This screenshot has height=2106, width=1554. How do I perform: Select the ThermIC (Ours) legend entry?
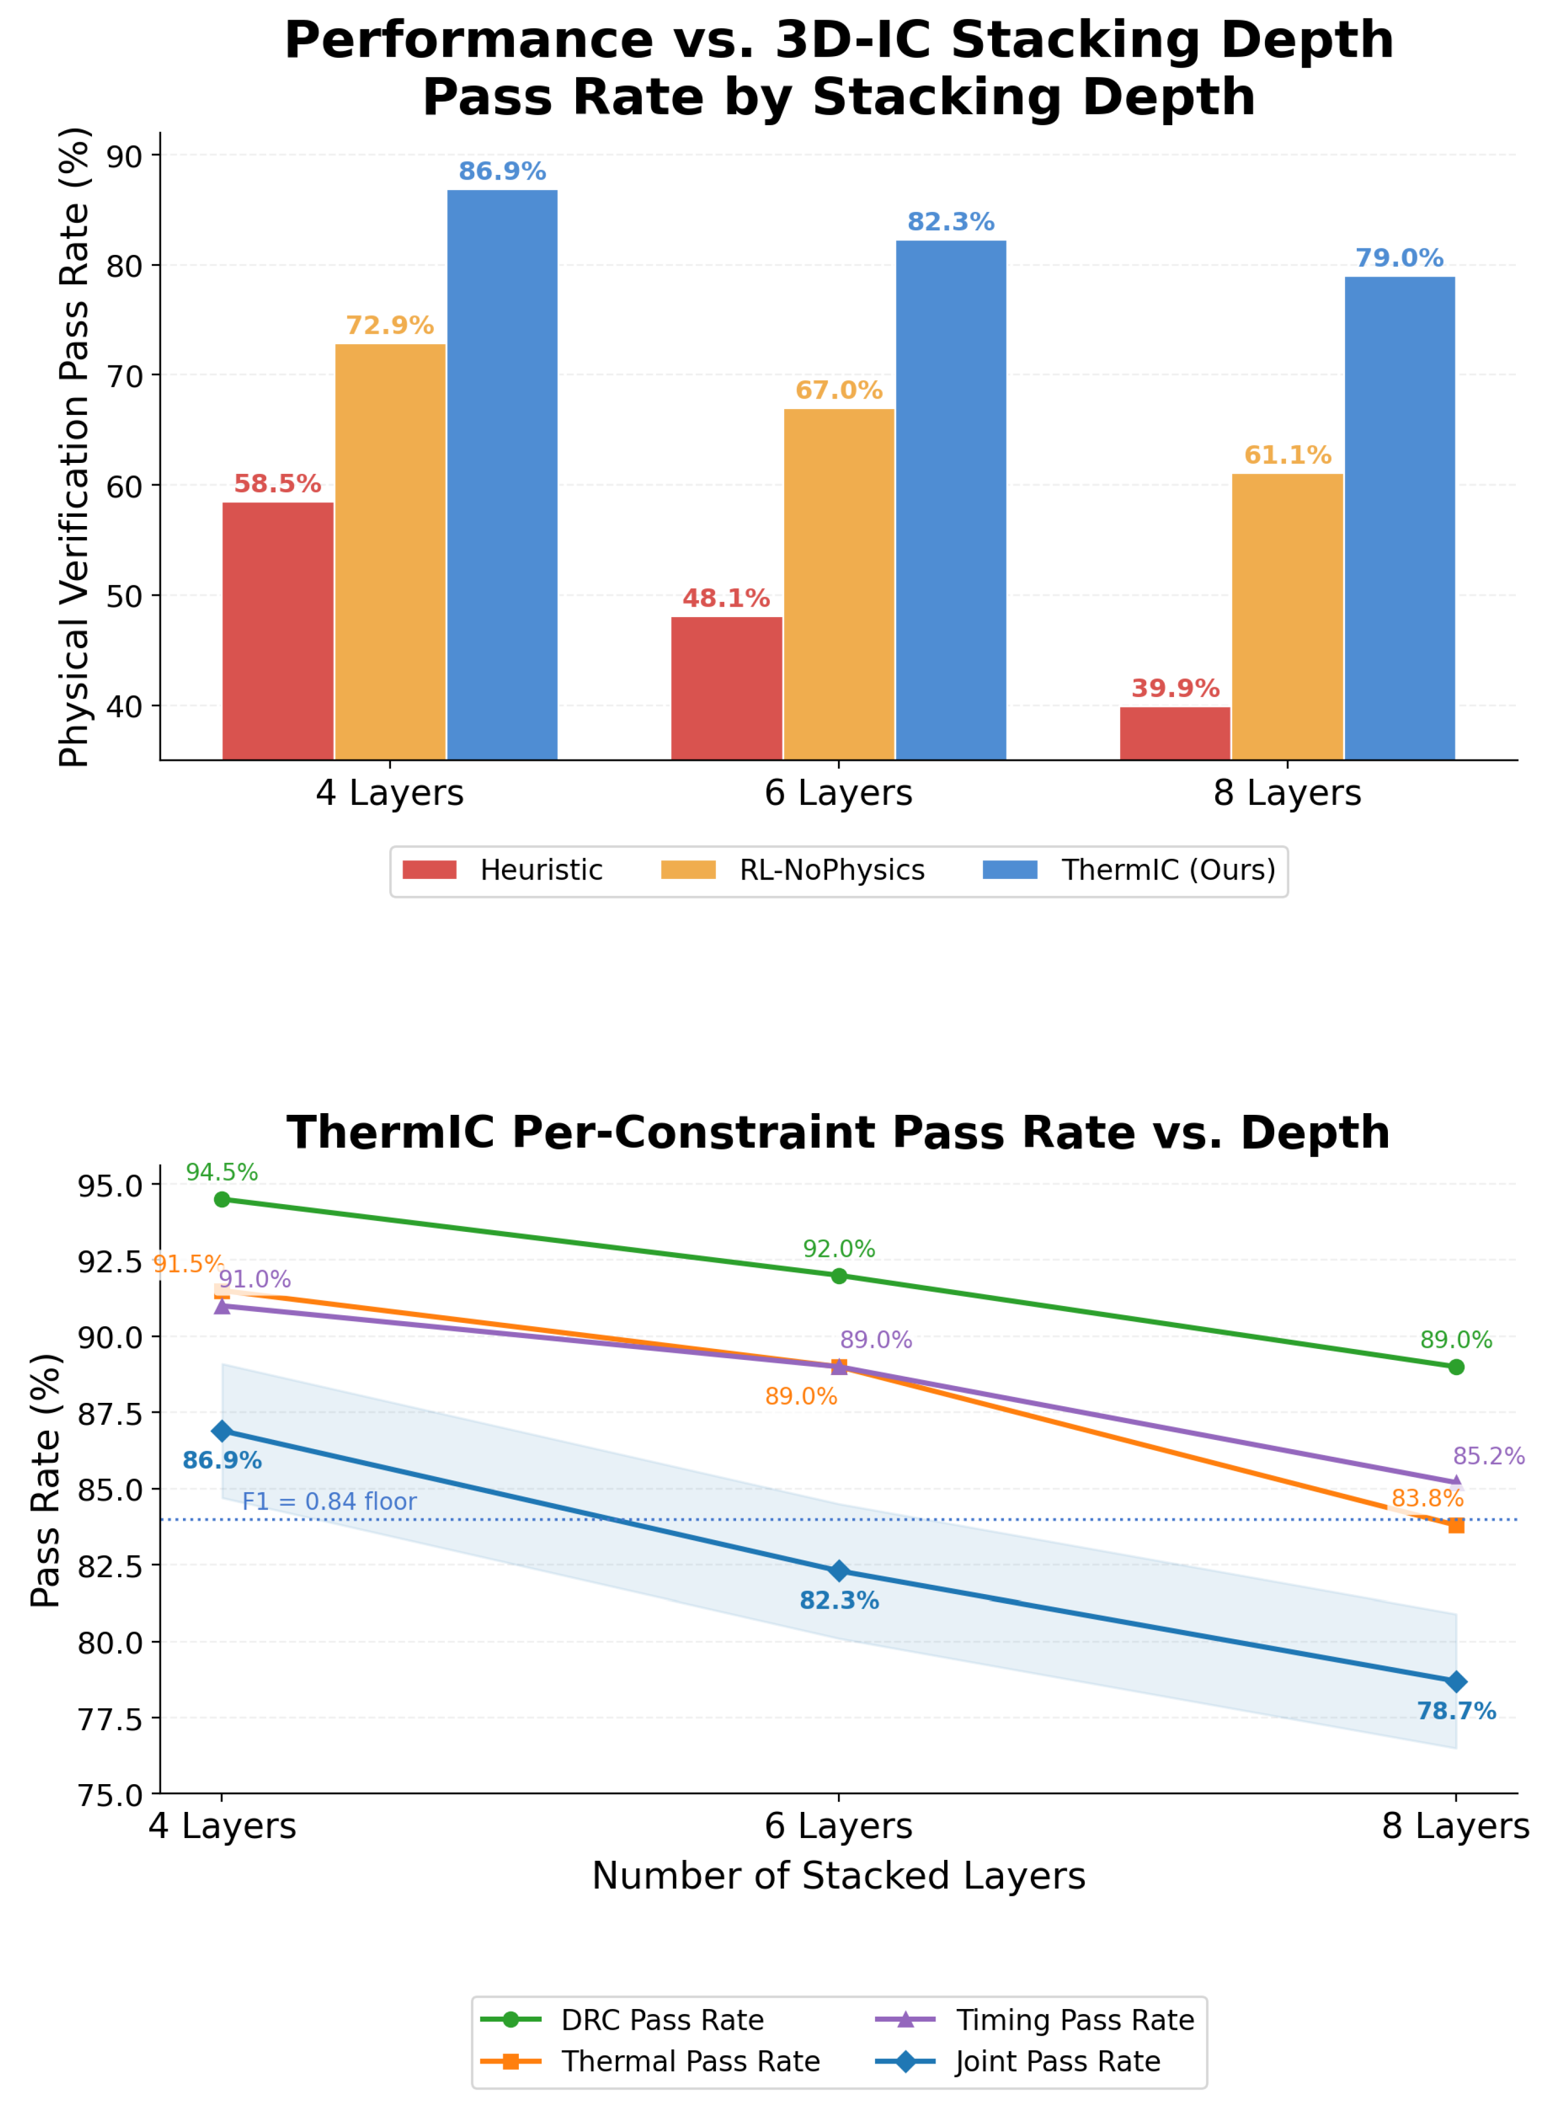[x=1129, y=870]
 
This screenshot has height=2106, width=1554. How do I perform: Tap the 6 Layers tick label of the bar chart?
[x=839, y=793]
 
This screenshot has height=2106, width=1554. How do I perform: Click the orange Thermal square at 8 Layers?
[x=1456, y=1525]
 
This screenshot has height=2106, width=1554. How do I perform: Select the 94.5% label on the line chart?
[x=222, y=1172]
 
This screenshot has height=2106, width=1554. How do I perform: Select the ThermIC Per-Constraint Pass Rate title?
[x=839, y=1132]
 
